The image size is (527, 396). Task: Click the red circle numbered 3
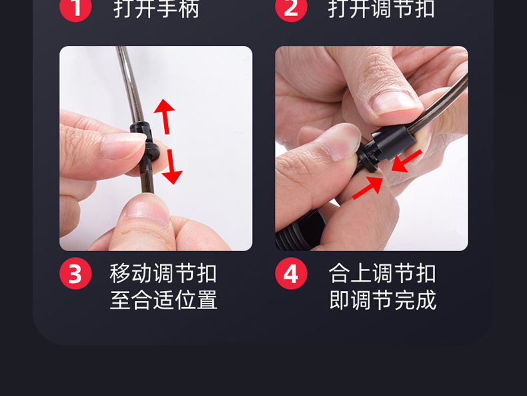75,273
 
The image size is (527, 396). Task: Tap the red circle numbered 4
291,273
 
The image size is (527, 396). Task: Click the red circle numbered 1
75,7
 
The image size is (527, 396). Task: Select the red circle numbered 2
291,7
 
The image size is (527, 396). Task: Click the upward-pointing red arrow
165,116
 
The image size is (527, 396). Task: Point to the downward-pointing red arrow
172,167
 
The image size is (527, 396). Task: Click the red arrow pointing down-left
406,161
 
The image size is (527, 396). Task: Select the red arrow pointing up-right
368,188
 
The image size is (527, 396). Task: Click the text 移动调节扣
163,273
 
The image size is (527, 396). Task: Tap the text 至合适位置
163,300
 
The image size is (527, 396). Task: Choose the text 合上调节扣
382,273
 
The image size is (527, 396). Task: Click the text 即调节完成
383,300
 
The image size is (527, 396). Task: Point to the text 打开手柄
156,9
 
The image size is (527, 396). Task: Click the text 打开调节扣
382,9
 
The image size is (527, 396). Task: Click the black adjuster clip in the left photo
145,142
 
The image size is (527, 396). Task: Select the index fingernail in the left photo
123,146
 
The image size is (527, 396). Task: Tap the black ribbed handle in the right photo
301,230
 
